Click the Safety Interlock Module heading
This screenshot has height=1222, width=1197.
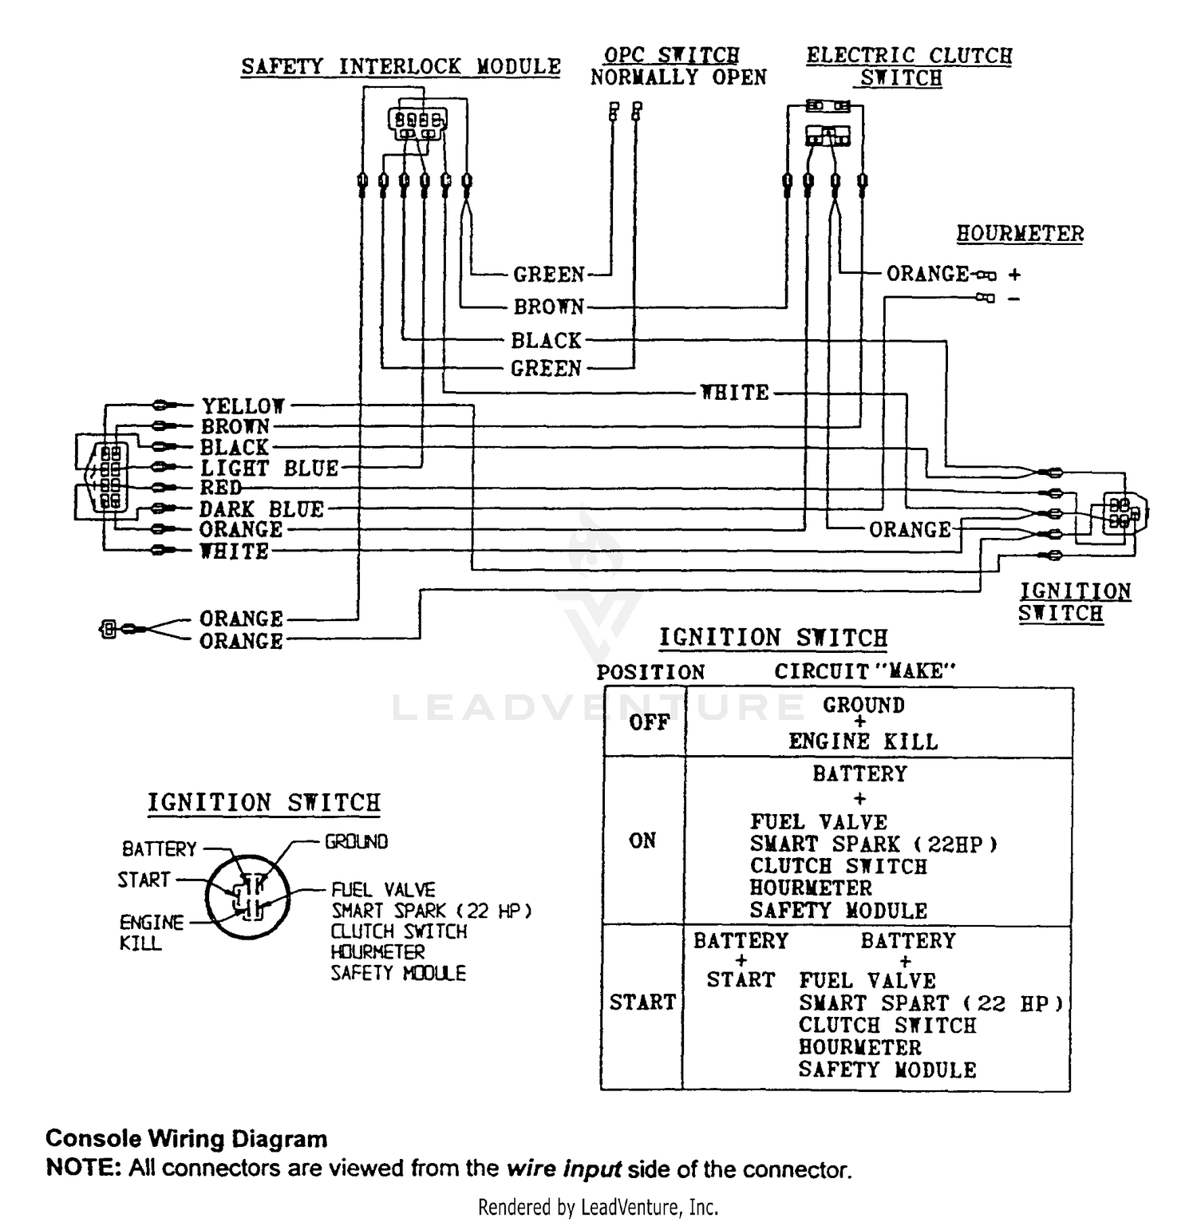[401, 66]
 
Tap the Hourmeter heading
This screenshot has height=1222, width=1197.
[1020, 234]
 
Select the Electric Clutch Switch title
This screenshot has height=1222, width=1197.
[909, 67]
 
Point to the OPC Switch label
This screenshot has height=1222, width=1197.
[671, 55]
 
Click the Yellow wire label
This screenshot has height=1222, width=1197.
[243, 406]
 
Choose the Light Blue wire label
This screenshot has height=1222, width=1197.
[270, 469]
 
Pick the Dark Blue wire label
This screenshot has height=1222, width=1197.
[262, 509]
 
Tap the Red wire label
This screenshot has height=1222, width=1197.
[220, 488]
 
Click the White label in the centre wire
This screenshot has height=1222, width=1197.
[735, 393]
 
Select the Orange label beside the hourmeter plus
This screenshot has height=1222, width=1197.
[928, 274]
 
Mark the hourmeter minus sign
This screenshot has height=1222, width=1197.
[1013, 299]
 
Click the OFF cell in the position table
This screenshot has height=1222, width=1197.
[644, 722]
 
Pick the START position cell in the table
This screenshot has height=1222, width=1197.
[642, 1003]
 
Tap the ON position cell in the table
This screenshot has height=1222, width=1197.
[642, 840]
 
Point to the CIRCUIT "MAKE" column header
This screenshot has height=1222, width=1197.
[865, 671]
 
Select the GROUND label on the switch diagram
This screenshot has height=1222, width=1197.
[356, 842]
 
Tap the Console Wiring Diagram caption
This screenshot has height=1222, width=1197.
[187, 1138]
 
